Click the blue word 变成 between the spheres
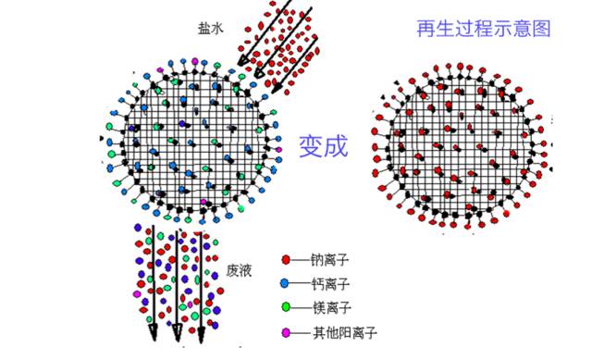coord(323,145)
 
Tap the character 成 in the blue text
coord(336,145)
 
